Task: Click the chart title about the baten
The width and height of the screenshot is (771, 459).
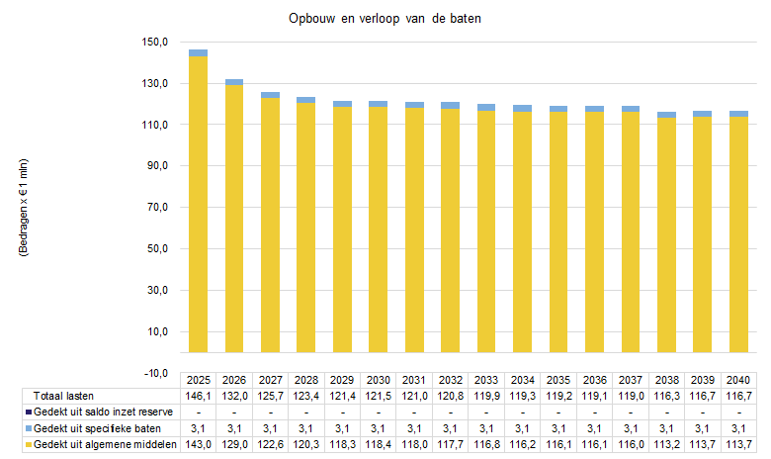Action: click(385, 20)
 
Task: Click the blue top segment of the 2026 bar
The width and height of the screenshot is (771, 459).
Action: click(234, 82)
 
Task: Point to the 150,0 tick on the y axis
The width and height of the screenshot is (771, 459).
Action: click(157, 43)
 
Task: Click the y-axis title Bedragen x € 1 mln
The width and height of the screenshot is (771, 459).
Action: click(23, 208)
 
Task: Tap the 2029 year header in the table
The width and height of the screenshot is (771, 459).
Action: click(342, 380)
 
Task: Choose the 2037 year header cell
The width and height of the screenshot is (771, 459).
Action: click(630, 380)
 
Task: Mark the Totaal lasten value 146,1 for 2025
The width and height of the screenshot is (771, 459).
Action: click(198, 396)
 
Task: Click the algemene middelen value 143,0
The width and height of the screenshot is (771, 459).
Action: click(198, 445)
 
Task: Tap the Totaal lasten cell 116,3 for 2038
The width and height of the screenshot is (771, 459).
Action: click(665, 396)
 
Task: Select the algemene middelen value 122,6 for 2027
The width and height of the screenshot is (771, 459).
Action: click(270, 445)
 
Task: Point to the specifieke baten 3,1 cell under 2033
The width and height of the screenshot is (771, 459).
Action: click(485, 428)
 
